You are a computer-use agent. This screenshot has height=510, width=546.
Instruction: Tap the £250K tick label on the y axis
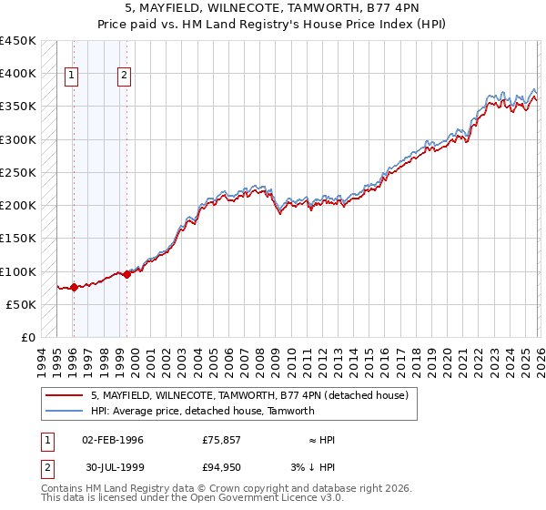tap(18, 172)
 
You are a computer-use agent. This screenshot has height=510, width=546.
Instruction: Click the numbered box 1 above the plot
tap(72, 76)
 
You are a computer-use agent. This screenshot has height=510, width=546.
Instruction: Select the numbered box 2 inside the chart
tap(125, 76)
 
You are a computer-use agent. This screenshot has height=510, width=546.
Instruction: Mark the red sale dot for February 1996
tap(74, 287)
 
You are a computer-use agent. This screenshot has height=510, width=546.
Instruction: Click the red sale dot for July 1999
tap(126, 274)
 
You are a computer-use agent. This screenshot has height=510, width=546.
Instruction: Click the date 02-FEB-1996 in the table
tap(113, 440)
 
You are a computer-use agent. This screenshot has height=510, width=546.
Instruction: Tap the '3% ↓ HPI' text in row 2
tap(315, 469)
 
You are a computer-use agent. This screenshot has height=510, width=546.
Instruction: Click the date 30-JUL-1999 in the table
tap(115, 469)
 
